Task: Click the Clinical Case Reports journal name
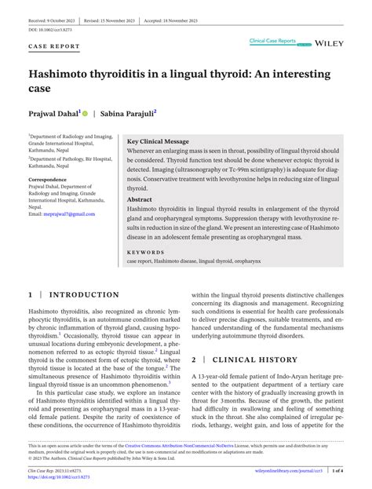point(273,38)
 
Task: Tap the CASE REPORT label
point(53,46)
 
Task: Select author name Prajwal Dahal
point(55,113)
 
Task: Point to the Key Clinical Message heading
point(160,141)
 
